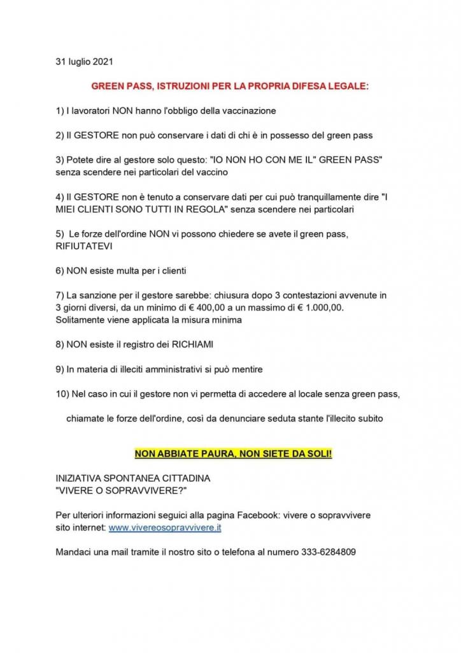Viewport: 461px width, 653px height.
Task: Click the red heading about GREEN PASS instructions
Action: [230, 85]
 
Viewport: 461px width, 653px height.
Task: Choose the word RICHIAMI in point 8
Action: [190, 344]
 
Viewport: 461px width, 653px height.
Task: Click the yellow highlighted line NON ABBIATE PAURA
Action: [233, 453]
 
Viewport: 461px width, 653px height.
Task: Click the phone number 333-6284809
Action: [329, 552]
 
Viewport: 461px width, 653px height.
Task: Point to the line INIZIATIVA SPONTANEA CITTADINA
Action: [132, 478]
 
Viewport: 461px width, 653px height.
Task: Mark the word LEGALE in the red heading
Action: [349, 85]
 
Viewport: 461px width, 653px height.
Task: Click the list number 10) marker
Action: [63, 394]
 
